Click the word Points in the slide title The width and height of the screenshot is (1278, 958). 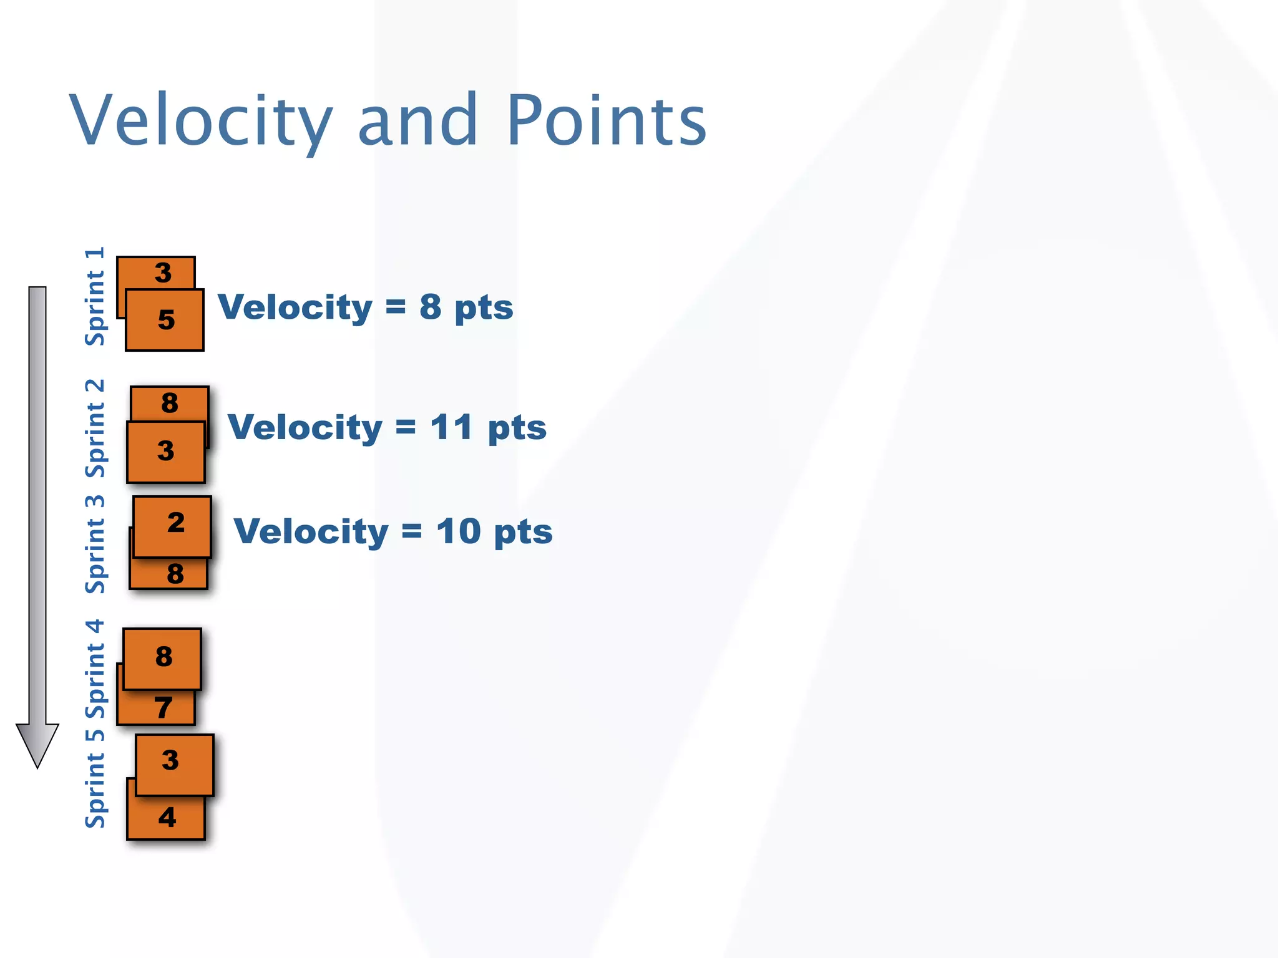coord(606,120)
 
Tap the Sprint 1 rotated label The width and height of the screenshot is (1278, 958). coord(95,297)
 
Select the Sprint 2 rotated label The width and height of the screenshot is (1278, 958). coord(95,428)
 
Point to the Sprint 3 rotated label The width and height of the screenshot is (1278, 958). coord(95,544)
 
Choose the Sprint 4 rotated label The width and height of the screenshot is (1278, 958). coord(95,669)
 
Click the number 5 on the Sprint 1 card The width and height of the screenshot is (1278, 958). coord(166,320)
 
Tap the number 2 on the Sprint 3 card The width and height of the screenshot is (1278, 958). coord(176,523)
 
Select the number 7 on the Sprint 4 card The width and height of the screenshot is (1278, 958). coord(163,708)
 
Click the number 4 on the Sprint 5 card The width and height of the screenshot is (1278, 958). coord(167,818)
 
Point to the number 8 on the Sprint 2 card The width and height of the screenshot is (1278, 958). coord(170,403)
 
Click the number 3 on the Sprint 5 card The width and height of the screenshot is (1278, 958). coord(170,760)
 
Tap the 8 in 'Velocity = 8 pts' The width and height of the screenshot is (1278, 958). coord(430,307)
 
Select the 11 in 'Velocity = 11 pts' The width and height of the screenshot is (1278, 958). coord(451,428)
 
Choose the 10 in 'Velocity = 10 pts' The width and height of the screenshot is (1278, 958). coord(458,531)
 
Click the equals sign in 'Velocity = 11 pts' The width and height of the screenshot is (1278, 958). coord(406,428)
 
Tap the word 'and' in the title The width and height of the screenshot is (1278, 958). coord(417,120)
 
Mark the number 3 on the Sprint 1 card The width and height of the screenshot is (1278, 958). coord(163,273)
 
